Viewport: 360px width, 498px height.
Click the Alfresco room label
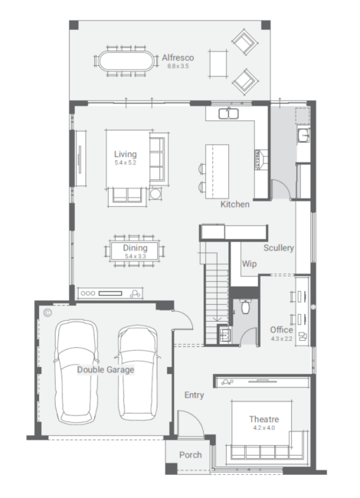pos(178,57)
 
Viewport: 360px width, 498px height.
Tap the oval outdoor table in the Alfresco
pos(126,61)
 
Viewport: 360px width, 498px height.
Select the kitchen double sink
pos(228,113)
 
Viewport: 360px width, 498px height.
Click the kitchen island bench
pos(217,172)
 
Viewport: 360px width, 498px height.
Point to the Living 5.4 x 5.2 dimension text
pos(126,162)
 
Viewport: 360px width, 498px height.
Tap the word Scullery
pos(278,247)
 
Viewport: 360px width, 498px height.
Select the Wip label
pos(249,264)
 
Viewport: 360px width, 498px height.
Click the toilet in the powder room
pos(245,306)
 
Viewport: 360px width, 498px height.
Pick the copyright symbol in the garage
pos(47,313)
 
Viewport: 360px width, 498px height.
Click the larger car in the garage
pos(76,372)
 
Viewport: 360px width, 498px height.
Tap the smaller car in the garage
pos(138,372)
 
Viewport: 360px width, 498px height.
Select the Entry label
pos(194,395)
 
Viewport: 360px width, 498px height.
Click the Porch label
pos(191,455)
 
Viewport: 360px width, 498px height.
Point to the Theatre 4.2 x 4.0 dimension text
pos(264,428)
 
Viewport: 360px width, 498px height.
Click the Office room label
pos(281,329)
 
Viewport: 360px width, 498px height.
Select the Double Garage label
pos(106,370)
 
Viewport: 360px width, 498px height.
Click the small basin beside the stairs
pos(224,335)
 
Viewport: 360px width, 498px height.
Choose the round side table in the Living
pos(155,193)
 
